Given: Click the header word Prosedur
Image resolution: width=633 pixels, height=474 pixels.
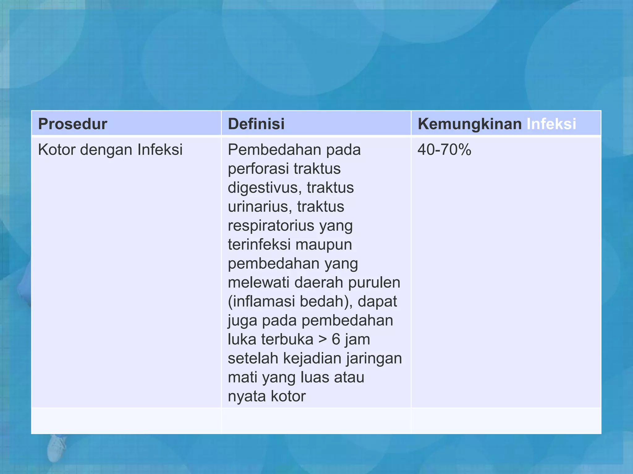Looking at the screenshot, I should (73, 124).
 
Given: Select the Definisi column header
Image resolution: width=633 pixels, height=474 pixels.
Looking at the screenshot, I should (256, 124).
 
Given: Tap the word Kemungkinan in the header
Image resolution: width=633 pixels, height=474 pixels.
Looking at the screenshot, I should (469, 124).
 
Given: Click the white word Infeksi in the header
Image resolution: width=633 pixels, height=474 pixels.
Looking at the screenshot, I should (551, 124).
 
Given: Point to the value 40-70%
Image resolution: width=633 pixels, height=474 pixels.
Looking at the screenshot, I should (444, 150).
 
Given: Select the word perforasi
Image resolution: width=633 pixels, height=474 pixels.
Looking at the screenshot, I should (258, 169).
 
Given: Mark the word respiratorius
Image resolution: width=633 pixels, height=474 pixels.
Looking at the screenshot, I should (271, 226).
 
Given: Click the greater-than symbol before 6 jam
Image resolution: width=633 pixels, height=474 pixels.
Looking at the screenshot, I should (322, 339).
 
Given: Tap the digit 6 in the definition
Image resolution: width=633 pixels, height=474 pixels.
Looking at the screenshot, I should (336, 339).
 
